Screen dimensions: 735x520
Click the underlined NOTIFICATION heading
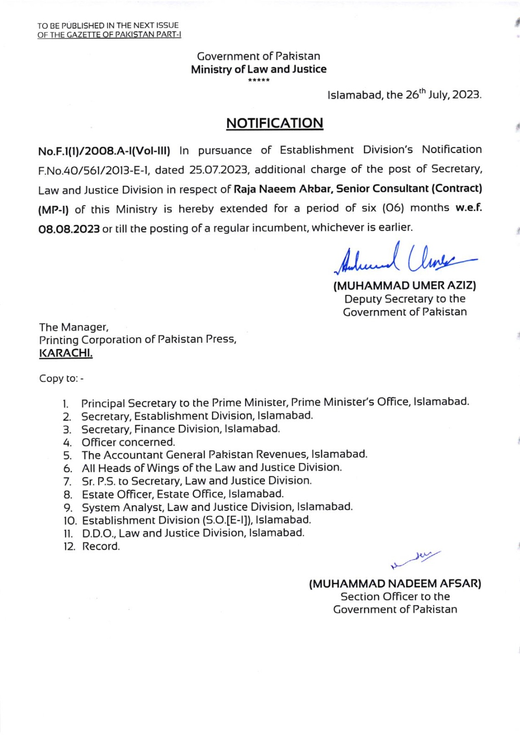(274, 123)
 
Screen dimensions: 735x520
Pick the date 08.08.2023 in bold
(69, 228)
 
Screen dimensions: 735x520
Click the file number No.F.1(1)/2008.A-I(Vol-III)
(104, 151)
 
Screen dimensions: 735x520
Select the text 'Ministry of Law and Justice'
(258, 69)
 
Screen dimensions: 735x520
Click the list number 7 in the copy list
(67, 482)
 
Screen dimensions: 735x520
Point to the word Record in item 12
(101, 547)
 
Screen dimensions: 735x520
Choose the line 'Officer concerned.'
(128, 442)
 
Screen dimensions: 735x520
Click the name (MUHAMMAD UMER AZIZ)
(404, 286)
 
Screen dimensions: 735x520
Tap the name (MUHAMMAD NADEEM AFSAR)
(395, 584)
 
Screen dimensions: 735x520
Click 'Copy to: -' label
(62, 379)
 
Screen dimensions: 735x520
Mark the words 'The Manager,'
(73, 328)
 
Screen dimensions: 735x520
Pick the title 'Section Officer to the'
(395, 597)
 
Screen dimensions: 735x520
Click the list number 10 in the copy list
(70, 521)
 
